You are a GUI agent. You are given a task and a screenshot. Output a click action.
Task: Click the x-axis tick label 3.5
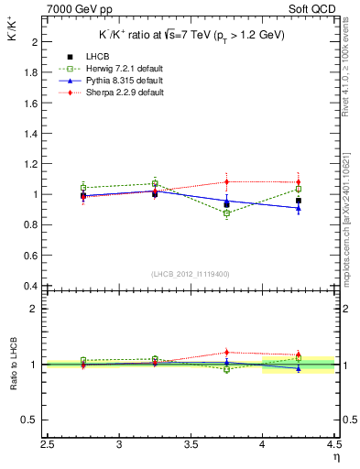coord(191,446)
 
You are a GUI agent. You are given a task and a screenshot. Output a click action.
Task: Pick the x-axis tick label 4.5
coord(333,446)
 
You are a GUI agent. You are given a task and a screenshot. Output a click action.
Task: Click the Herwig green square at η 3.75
coord(227,213)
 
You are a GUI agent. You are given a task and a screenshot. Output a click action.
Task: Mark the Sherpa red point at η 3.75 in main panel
coord(227,181)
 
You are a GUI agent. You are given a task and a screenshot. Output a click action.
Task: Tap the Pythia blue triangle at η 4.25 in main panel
coord(299,208)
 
